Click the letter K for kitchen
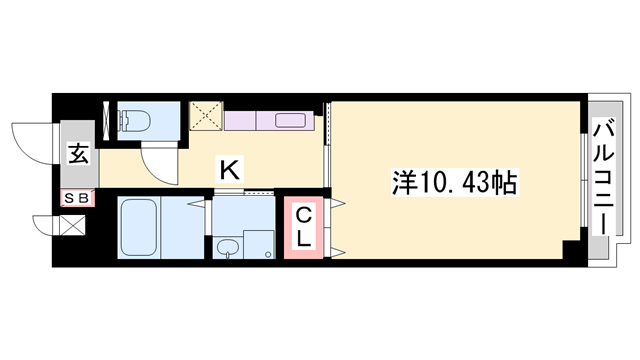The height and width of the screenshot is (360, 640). (x=229, y=171)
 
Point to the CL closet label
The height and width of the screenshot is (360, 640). (x=304, y=228)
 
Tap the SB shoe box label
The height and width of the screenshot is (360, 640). (x=78, y=197)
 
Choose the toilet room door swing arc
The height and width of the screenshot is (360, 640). (x=157, y=155)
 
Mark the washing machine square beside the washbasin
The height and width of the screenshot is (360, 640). (x=258, y=245)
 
